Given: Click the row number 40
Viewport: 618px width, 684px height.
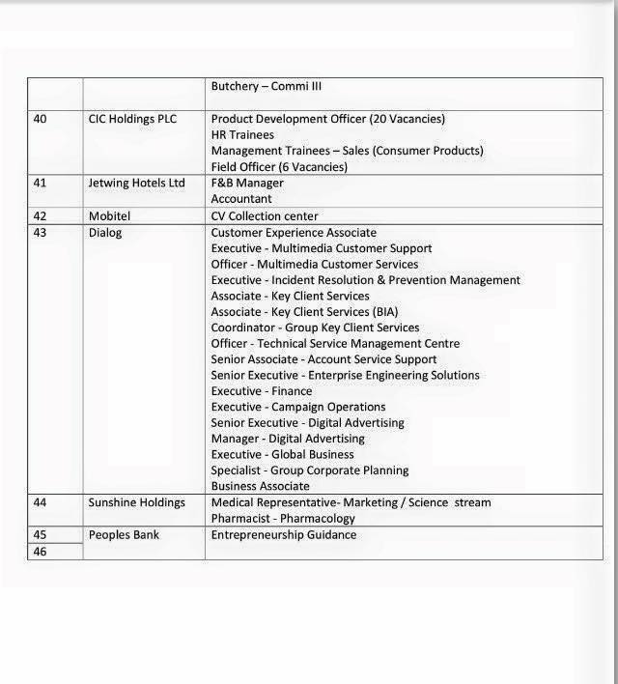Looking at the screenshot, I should point(40,119).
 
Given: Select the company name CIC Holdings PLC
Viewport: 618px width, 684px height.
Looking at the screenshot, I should point(132,119).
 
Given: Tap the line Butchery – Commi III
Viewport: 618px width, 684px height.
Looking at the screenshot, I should point(266,86).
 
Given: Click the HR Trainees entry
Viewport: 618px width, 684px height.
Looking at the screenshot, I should point(242,135).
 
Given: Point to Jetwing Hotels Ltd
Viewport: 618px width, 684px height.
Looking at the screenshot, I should point(136,183).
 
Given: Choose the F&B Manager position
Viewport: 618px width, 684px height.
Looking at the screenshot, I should point(247,183).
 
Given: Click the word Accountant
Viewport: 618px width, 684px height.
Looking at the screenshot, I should point(241,199).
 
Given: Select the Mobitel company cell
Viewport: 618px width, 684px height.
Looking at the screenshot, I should point(109,216).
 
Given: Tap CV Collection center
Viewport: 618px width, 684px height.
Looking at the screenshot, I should point(264,216).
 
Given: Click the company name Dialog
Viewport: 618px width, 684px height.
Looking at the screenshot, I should point(105,233).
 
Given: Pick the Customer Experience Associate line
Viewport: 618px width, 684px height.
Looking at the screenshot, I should point(294,233).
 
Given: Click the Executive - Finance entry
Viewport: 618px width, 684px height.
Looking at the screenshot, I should point(261,391).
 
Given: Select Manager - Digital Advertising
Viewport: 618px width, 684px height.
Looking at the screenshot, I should point(287,439).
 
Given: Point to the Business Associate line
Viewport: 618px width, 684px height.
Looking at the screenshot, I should point(260,486).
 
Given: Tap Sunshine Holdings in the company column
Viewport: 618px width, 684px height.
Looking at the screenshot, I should point(136,502).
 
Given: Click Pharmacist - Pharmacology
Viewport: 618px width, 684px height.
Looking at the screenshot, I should point(283,519).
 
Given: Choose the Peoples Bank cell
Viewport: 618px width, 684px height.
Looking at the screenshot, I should point(124,534).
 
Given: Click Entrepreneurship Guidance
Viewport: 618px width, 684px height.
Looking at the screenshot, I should point(283,534).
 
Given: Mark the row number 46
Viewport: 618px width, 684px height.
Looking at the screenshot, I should point(40,552).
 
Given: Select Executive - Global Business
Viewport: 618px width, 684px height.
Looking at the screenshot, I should point(282,454).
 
